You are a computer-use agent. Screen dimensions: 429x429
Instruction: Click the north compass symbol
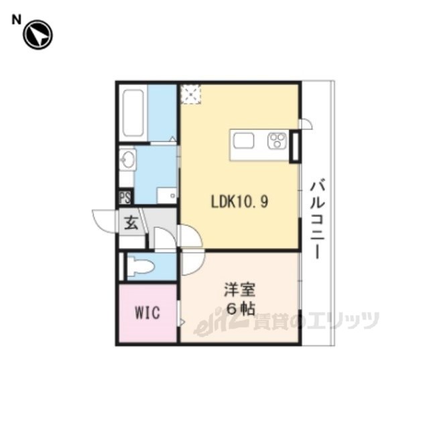38,35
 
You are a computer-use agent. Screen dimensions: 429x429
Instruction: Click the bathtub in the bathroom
133,113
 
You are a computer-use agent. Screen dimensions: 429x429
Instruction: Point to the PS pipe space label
125,197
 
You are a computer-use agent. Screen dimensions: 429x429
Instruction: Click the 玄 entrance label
131,223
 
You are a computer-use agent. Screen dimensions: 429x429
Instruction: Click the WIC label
147,313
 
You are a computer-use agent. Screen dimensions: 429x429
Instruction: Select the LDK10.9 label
239,202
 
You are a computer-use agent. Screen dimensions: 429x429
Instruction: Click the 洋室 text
239,290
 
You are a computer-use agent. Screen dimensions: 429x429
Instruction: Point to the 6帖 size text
240,309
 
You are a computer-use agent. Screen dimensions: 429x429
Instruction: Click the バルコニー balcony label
317,219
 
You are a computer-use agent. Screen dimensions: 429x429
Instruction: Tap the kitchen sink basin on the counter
243,141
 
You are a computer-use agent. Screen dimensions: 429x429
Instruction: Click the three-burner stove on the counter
277,141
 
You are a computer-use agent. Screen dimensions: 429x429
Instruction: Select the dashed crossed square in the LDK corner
191,95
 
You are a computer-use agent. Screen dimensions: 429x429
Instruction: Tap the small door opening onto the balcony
306,123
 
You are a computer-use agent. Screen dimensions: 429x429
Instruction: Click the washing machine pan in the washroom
166,195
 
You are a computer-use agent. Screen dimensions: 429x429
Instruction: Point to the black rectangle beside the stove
295,147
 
